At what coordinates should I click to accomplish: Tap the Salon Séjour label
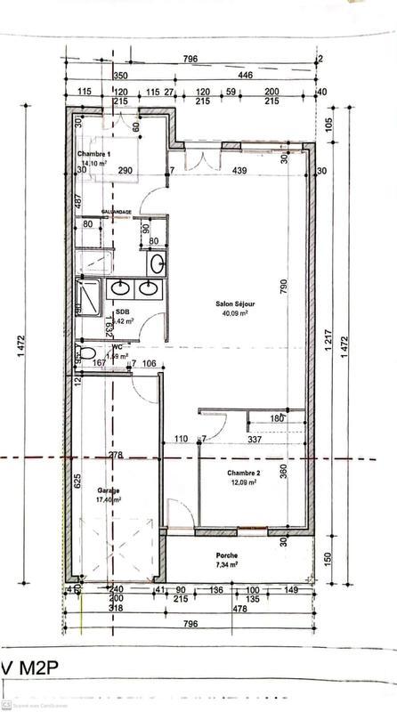230,303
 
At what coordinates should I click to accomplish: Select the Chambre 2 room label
242,472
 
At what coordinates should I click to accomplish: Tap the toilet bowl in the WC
87,354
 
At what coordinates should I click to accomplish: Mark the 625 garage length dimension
77,482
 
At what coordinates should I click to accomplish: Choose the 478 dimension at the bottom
239,610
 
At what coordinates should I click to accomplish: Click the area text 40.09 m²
234,313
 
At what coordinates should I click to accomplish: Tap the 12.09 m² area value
242,481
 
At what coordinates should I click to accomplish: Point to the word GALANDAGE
117,211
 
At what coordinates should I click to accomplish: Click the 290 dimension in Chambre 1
125,170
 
